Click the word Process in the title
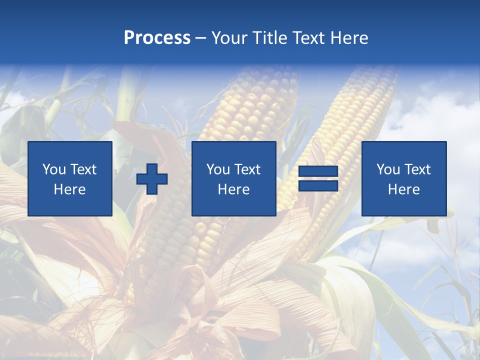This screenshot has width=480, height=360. [x=157, y=38]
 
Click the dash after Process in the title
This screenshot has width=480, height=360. [x=200, y=38]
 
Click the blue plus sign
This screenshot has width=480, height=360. [x=152, y=179]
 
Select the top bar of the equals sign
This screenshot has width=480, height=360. [x=318, y=171]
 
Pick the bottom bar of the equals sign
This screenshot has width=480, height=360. [x=318, y=185]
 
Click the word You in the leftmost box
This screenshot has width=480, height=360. [x=54, y=169]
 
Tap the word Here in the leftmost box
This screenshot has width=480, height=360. [x=69, y=189]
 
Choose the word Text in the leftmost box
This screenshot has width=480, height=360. [x=83, y=169]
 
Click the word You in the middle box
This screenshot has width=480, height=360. [x=218, y=169]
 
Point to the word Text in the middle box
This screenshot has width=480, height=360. [x=247, y=169]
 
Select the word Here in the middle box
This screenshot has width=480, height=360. [x=233, y=189]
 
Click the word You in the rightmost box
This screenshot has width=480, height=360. [x=388, y=169]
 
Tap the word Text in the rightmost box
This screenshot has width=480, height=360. [x=417, y=169]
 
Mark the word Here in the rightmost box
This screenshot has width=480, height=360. [x=403, y=189]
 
